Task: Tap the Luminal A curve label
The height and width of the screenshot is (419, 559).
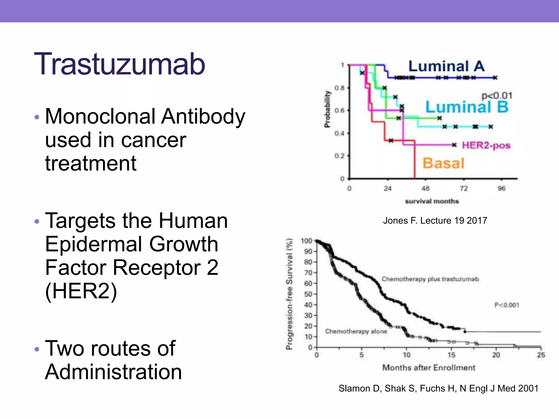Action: tap(446, 66)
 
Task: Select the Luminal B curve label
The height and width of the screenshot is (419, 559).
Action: tap(467, 107)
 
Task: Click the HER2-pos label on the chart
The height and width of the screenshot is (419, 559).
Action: tap(486, 145)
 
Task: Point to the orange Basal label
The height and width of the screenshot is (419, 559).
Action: tap(443, 163)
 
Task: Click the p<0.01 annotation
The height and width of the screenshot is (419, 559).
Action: tap(497, 96)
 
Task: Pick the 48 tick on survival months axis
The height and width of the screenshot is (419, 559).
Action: tap(425, 188)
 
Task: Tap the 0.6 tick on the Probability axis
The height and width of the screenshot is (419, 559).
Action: tap(339, 110)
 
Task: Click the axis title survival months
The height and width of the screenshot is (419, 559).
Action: tap(432, 201)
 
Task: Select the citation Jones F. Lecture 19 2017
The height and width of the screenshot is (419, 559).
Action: tap(435, 220)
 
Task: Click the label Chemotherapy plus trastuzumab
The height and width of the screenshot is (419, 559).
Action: tap(430, 279)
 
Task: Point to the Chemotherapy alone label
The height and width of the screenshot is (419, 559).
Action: tap(356, 331)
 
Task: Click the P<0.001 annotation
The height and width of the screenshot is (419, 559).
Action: tap(507, 305)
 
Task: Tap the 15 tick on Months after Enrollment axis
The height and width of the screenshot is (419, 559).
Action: tap(451, 355)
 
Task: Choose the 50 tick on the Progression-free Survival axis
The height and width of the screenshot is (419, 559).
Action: tap(308, 294)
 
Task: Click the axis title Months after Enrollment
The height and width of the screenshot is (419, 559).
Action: tap(429, 368)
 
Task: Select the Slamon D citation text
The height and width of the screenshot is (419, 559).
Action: tap(438, 388)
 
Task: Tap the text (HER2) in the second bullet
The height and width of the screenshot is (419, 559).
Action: tap(81, 291)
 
